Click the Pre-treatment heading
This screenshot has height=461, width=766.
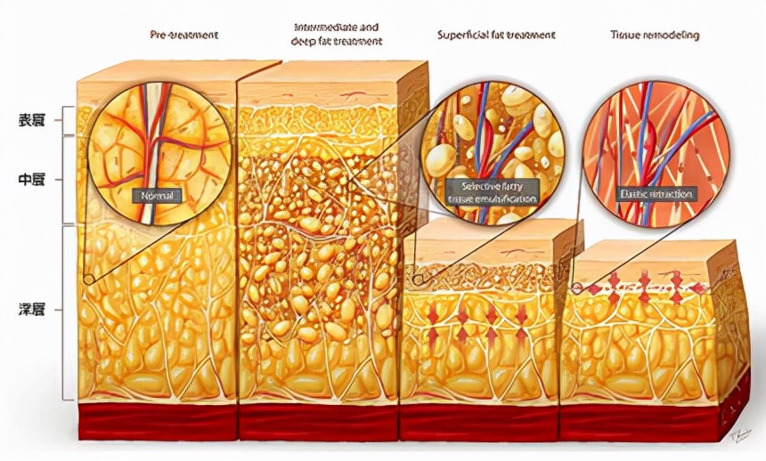[183, 35]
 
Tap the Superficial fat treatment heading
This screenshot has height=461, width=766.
[496, 35]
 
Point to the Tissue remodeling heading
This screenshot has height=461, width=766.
[655, 35]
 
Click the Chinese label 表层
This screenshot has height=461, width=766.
[32, 118]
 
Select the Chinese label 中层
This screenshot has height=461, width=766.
[32, 179]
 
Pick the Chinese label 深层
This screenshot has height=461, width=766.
[32, 310]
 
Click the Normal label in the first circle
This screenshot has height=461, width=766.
[155, 195]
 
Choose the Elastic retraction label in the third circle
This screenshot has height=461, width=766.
[657, 193]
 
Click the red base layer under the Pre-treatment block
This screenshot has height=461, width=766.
[157, 418]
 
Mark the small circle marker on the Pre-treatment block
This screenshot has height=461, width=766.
[87, 279]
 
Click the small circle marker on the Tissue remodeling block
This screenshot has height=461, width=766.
[576, 288]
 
